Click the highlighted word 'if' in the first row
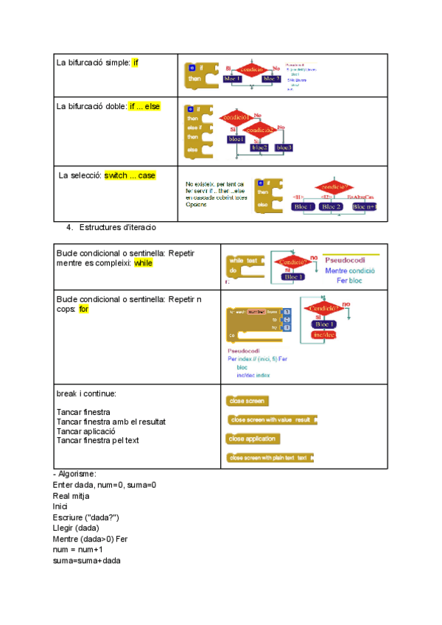136,62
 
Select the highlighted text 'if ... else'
145,106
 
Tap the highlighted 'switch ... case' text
130,175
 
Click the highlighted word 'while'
143,262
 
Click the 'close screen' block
248,401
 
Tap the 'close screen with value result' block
272,419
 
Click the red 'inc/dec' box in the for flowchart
324,335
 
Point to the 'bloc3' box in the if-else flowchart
284,147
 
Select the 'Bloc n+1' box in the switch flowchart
364,206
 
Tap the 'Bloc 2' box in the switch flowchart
332,206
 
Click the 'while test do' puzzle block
245,266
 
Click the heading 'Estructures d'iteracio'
117,227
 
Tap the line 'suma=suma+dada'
87,561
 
